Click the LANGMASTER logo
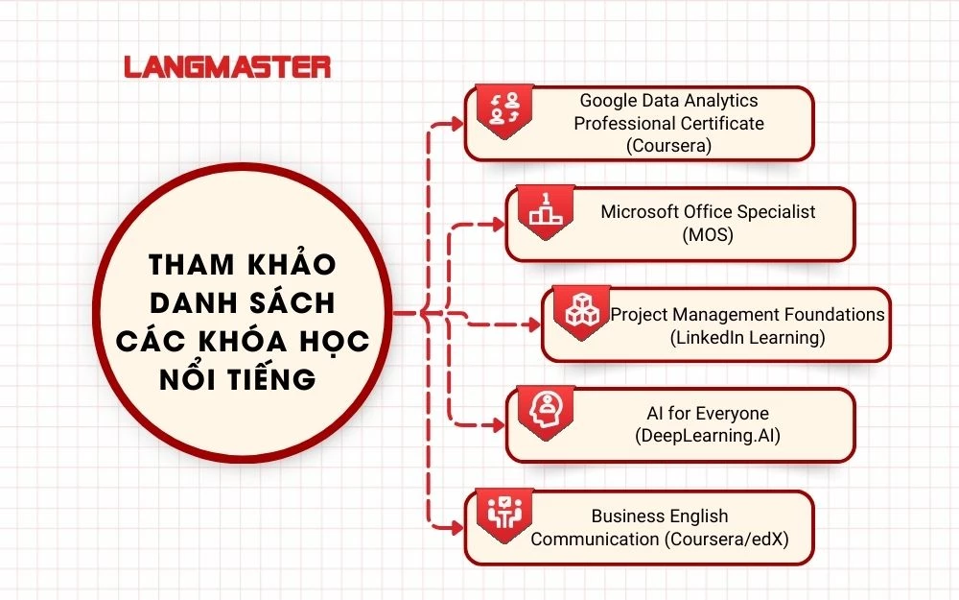pyautogui.click(x=227, y=67)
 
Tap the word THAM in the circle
pyautogui.click(x=182, y=264)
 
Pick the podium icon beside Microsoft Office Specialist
pyautogui.click(x=545, y=209)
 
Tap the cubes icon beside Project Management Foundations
pyautogui.click(x=580, y=310)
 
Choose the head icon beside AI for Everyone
pyautogui.click(x=545, y=410)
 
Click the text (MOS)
pyautogui.click(x=708, y=234)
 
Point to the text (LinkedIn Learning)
pyautogui.click(x=747, y=337)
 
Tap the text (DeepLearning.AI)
pyautogui.click(x=708, y=437)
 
